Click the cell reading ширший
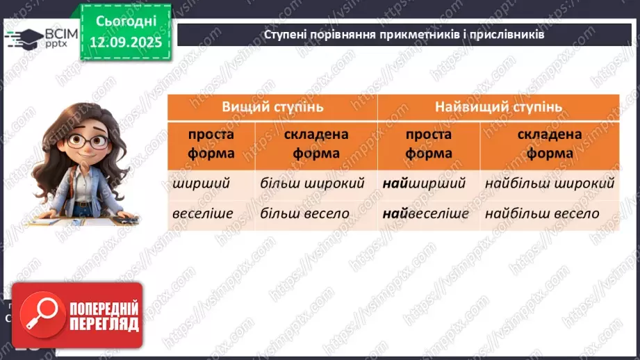(x=192, y=184)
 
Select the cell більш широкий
(x=312, y=184)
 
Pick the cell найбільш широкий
(x=550, y=184)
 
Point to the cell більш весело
(x=304, y=213)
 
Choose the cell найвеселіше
(x=426, y=213)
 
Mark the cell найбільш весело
(x=542, y=213)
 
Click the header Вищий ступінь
(x=272, y=107)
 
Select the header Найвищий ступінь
(x=498, y=107)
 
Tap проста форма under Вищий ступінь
(x=211, y=143)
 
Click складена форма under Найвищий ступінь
(x=549, y=143)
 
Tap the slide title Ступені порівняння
(x=404, y=34)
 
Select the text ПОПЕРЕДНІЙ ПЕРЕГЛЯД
(x=104, y=316)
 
